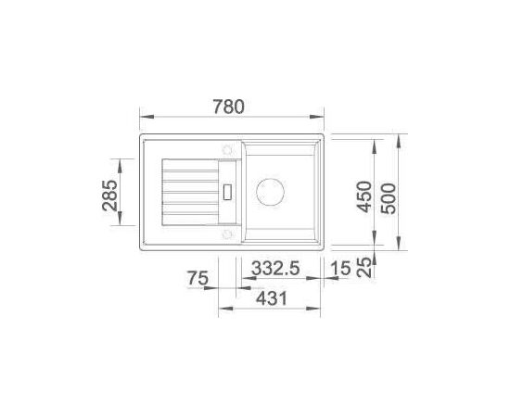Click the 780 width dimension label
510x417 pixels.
pyautogui.click(x=228, y=107)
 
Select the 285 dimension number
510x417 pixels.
pyautogui.click(x=110, y=196)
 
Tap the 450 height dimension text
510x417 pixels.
pyautogui.click(x=364, y=196)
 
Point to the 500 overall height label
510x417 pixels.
pyautogui.click(x=389, y=198)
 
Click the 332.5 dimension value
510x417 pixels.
pyautogui.click(x=275, y=269)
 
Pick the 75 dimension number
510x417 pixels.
pyautogui.click(x=198, y=279)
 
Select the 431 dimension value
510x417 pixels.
pyautogui.click(x=272, y=298)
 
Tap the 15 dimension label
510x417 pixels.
pyautogui.click(x=340, y=269)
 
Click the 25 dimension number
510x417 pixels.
pyautogui.click(x=364, y=267)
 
